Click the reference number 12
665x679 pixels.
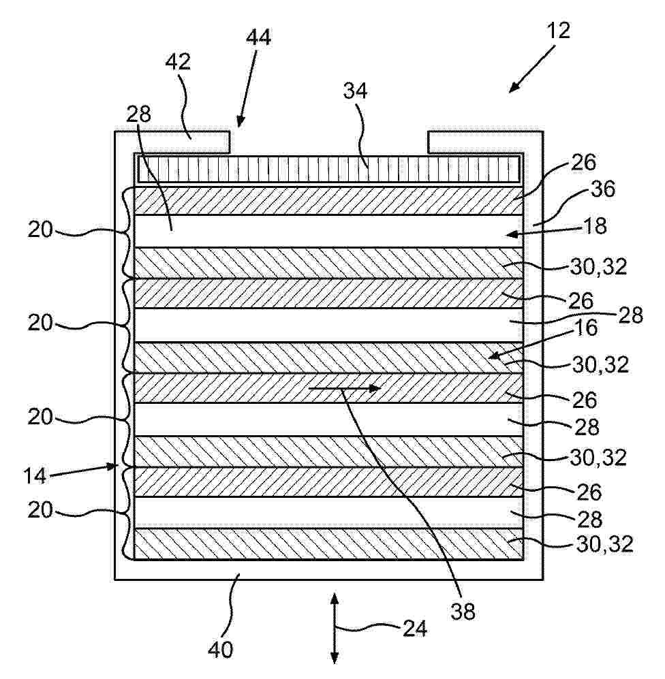558,31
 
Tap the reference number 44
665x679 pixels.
258,37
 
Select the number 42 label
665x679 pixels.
178,62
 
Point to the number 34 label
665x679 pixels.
355,91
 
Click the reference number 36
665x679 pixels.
602,189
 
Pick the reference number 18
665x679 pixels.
596,226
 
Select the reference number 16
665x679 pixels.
587,328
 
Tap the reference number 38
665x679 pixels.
463,612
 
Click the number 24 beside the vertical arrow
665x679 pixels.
415,629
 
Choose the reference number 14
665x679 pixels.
34,476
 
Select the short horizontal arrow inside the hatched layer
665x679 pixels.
344,388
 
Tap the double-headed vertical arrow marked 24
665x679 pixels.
335,629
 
